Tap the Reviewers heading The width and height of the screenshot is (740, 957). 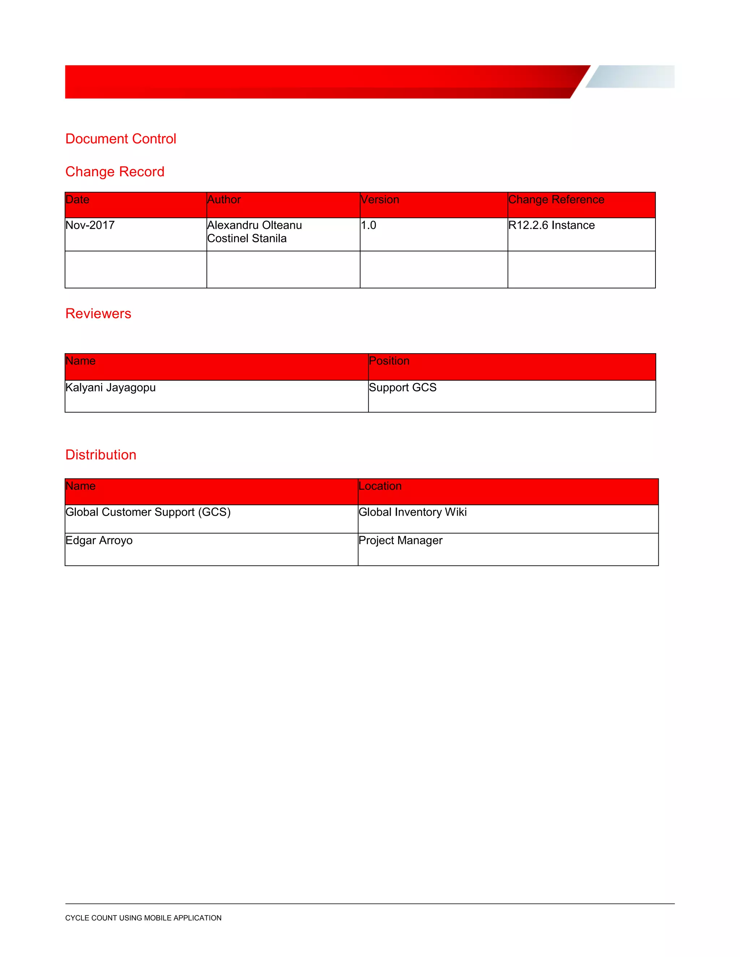point(98,313)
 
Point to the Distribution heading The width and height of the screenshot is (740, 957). point(101,454)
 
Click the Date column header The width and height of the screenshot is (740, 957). point(78,200)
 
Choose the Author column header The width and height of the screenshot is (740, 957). point(224,200)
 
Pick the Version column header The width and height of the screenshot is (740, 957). point(380,200)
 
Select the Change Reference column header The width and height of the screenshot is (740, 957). point(556,200)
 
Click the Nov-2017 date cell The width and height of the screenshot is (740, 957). point(90,225)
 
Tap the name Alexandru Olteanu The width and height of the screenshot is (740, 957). point(255,225)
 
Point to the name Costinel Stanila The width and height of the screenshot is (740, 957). point(247,238)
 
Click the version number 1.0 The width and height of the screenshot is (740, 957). point(368,225)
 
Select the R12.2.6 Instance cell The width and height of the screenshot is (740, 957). point(551,225)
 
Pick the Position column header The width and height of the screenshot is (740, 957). point(389,361)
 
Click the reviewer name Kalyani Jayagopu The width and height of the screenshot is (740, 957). point(111,387)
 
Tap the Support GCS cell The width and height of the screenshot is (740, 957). point(403,387)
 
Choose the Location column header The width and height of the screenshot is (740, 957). point(380,486)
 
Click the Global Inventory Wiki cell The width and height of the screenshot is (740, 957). point(413,512)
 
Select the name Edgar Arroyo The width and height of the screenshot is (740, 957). point(99,540)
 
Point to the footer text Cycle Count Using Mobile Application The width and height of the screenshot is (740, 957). point(143,918)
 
